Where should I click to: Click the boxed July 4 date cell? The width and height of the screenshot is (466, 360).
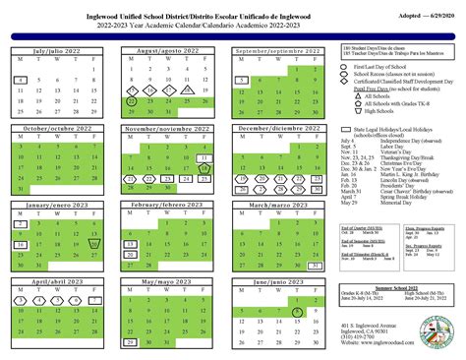[22, 80]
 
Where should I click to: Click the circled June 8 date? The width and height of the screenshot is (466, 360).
[298, 312]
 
